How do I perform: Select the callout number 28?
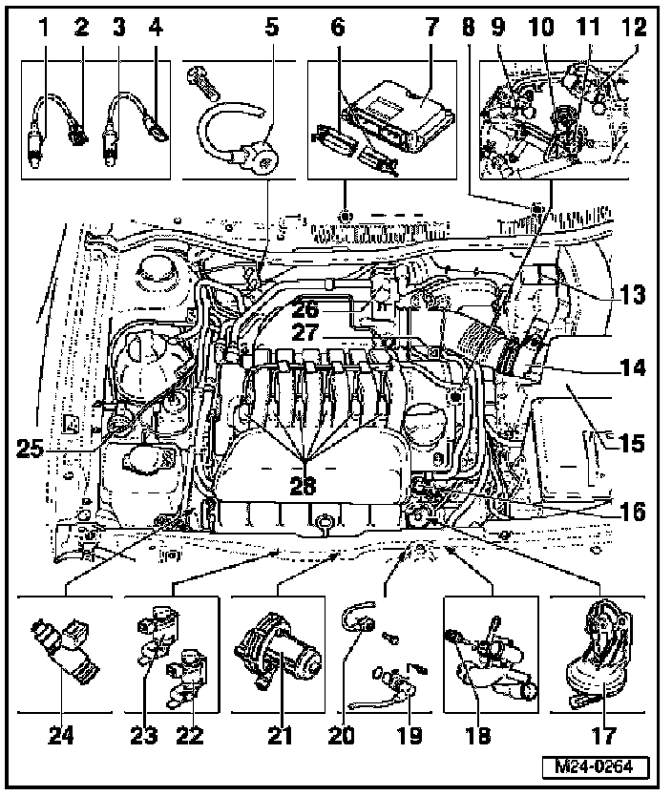tap(303, 486)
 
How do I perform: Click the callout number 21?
tap(277, 735)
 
